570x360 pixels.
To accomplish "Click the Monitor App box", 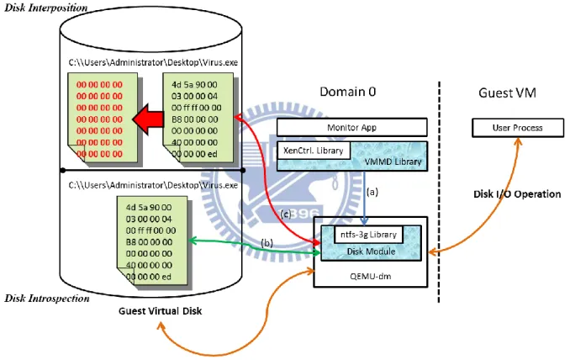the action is tap(352, 127).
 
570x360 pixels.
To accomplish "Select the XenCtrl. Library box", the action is tap(314, 151).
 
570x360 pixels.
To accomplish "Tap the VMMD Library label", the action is tap(393, 161).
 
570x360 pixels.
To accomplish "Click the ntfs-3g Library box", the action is tap(368, 235).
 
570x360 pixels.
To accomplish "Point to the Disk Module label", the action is tap(371, 251).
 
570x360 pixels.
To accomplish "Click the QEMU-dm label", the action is tap(371, 277).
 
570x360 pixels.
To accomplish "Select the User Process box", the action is tap(518, 128).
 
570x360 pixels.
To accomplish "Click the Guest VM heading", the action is tap(507, 93).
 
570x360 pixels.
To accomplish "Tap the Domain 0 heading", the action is tap(347, 92).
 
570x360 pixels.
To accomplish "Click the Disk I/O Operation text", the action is tap(517, 194).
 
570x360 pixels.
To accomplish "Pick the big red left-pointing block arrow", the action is tap(148, 119).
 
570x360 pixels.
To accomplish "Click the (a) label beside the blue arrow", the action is tap(372, 192).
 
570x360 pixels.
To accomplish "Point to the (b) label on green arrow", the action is tap(267, 243).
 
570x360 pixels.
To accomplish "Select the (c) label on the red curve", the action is tap(286, 214).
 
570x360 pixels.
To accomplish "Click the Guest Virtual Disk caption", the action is tap(160, 311).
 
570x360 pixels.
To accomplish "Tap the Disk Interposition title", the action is tap(45, 8).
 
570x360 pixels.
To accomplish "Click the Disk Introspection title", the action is tap(47, 299).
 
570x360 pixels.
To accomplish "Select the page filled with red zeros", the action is tap(103, 118).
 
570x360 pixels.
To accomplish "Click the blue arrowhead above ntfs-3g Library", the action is tap(364, 220).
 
